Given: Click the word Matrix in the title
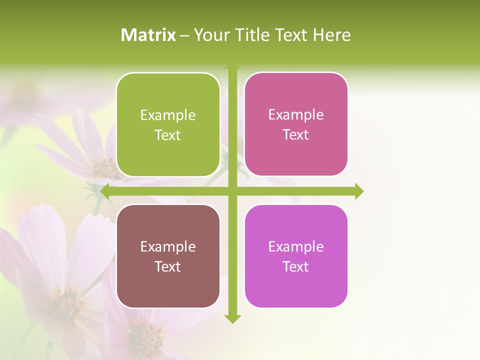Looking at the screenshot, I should click(148, 35).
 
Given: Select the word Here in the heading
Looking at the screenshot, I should click(331, 35).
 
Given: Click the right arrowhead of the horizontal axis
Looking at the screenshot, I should click(359, 191).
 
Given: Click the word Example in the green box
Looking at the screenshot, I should click(168, 115).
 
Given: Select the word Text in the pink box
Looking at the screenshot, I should click(296, 135).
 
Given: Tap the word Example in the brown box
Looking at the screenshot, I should click(168, 247).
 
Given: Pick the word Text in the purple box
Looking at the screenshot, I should click(296, 267).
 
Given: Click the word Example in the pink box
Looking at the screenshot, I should click(296, 115).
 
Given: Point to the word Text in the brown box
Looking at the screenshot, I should click(168, 267).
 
